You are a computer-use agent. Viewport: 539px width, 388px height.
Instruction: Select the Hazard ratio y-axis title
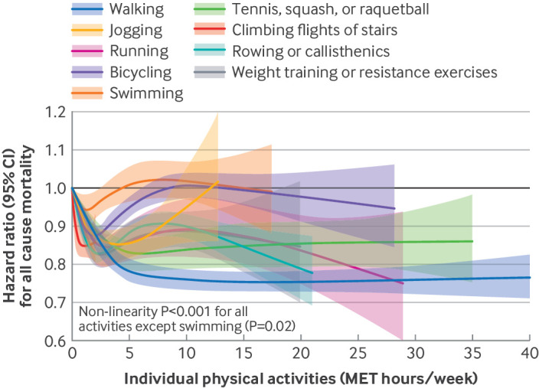pyautogui.click(x=17, y=226)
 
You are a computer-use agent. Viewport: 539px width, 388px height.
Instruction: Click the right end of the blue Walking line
pyautogui.click(x=529, y=277)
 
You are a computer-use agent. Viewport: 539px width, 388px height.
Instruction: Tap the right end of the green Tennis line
pyautogui.click(x=472, y=241)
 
